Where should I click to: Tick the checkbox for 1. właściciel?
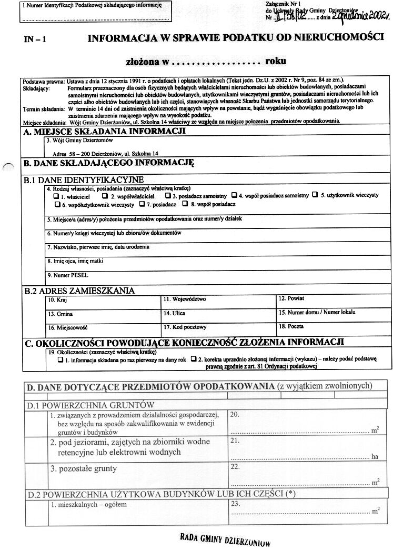pos(56,196)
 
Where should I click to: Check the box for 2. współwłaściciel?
pos(105,196)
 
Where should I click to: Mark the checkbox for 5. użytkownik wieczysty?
pos(315,195)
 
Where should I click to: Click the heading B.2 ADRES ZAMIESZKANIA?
pos(79,291)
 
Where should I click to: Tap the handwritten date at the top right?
pos(361,16)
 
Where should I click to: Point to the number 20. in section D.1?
pos(235,415)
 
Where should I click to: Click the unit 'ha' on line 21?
pos(375,456)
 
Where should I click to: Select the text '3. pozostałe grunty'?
pos(84,468)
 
